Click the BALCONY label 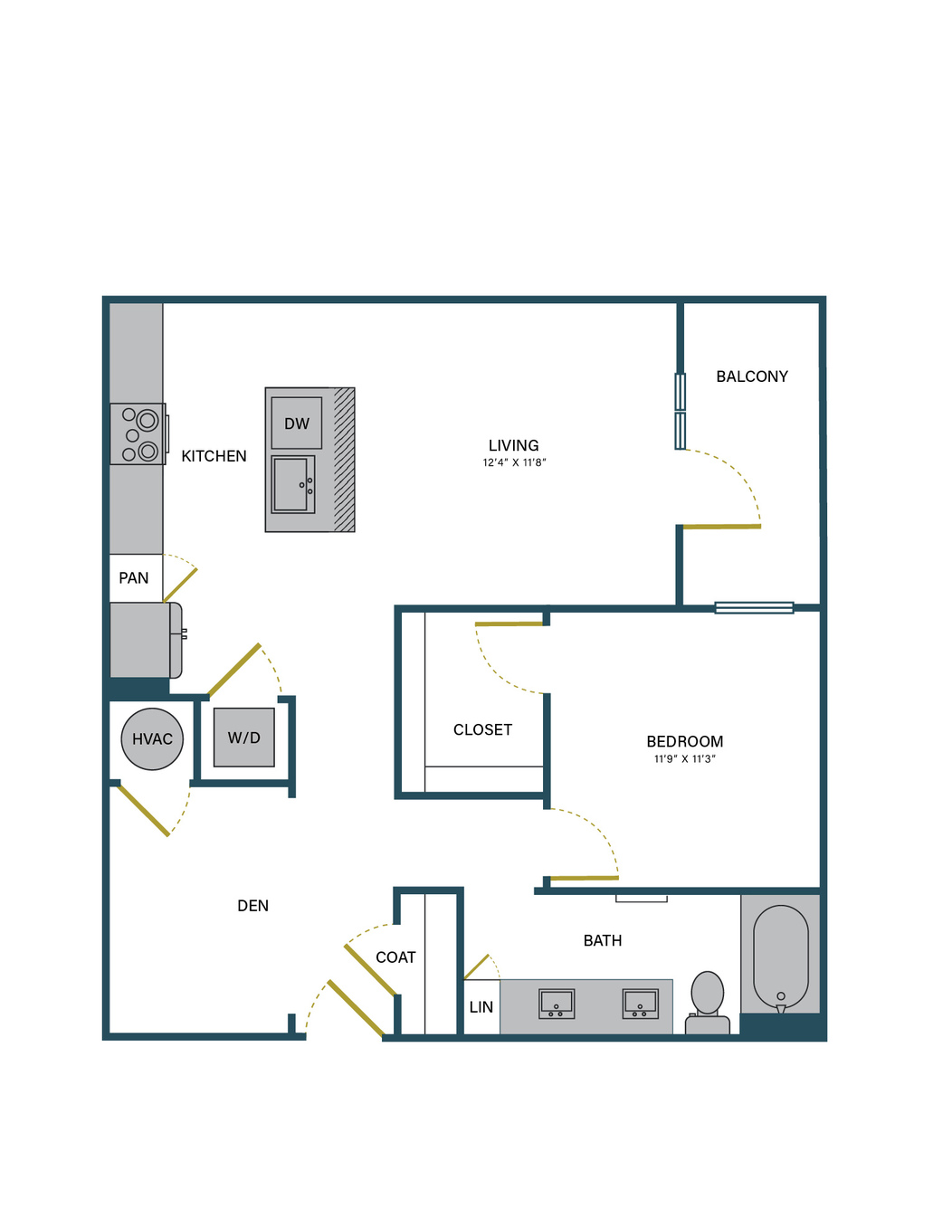point(752,376)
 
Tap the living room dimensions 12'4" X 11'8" point(514,462)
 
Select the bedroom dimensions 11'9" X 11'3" point(684,759)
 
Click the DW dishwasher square point(297,424)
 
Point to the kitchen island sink point(293,485)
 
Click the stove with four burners point(138,434)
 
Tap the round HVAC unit point(152,738)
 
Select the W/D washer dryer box point(243,738)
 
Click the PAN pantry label point(134,578)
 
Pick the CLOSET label point(482,729)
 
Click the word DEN point(252,906)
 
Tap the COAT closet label point(395,957)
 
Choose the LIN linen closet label point(481,1007)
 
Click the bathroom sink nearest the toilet point(640,1004)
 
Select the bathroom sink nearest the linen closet point(557,1004)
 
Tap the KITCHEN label point(214,456)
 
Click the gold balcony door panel point(721,527)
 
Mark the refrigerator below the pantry point(146,641)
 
